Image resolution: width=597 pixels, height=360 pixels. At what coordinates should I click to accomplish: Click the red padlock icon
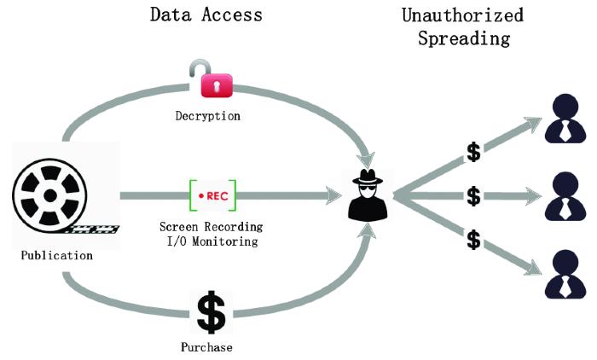click(x=216, y=83)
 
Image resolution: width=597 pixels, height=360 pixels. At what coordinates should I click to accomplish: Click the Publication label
click(x=56, y=255)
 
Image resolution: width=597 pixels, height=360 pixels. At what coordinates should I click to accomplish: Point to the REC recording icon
click(x=212, y=195)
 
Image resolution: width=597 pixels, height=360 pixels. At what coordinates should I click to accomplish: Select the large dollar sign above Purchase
click(x=211, y=313)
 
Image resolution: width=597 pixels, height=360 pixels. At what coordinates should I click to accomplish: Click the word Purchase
click(x=206, y=347)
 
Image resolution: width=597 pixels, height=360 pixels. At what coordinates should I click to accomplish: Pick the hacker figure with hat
click(x=369, y=196)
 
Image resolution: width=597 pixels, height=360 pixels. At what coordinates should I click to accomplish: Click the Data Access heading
click(x=206, y=15)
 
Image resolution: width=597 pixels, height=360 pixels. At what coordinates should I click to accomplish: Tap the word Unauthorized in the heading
click(x=463, y=15)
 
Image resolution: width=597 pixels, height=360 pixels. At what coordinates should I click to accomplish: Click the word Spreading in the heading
click(x=463, y=38)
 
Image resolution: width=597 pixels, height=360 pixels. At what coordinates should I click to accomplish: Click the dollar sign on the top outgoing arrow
click(x=473, y=154)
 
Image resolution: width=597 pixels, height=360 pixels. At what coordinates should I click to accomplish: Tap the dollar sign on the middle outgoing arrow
click(x=473, y=196)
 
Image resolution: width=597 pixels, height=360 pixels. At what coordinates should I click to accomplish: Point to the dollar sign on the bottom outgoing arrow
click(x=473, y=240)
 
